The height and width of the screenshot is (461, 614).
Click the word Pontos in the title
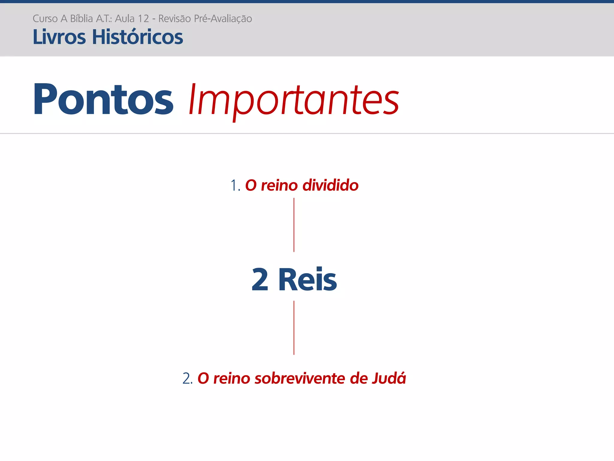(103, 99)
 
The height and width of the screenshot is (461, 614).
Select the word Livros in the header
(59, 37)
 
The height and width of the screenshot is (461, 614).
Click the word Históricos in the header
(137, 37)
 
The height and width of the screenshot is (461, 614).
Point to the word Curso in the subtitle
(45, 19)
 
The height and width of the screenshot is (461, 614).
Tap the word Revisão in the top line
(174, 19)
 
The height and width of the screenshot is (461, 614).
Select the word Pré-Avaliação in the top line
(223, 19)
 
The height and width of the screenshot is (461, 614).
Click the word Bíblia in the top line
(81, 19)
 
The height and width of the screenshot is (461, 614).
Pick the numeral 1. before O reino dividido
(235, 185)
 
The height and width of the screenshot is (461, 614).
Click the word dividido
(330, 185)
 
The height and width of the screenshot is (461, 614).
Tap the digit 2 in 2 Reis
(260, 280)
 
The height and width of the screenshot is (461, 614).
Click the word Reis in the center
(308, 280)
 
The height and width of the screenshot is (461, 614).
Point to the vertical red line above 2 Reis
(294, 225)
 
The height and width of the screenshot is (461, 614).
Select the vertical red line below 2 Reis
(294, 328)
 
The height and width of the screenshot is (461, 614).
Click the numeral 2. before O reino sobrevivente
(187, 378)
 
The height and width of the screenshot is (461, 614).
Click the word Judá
(389, 378)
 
